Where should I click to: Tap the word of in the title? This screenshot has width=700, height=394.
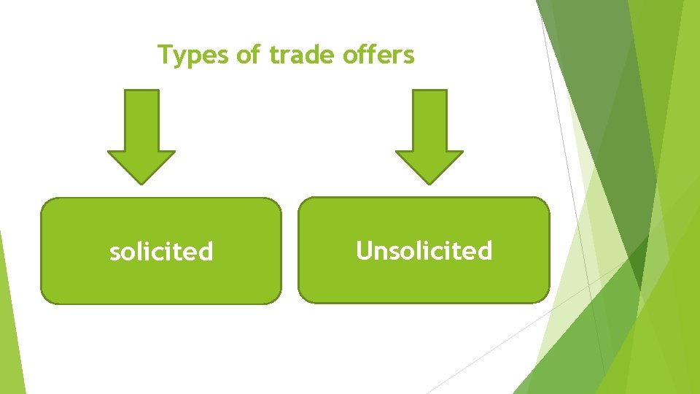tap(249, 55)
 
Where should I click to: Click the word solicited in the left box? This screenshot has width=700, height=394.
tap(161, 252)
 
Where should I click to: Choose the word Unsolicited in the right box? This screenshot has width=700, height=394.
tap(424, 251)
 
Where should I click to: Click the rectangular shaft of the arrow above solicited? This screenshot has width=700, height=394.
tap(141, 120)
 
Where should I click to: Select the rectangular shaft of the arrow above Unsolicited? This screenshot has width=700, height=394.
tap(429, 120)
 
